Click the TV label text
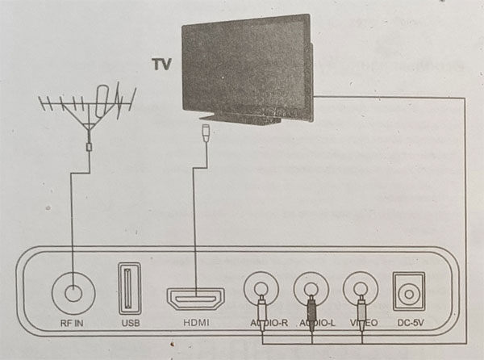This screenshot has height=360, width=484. [x=161, y=65]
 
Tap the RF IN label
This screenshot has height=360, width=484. [x=72, y=323]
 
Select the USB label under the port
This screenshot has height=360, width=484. [x=131, y=323]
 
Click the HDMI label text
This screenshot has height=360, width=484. [x=196, y=323]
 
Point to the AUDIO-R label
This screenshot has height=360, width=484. [x=269, y=323]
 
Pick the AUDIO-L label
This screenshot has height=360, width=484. [x=317, y=323]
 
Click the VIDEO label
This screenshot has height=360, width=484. [x=364, y=323]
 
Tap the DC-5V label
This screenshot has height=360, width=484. [x=411, y=323]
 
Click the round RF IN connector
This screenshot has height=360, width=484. [x=73, y=293]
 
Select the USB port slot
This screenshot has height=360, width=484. [x=130, y=284]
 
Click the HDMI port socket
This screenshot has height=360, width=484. [x=196, y=299]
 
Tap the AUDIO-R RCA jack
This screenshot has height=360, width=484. [x=261, y=289]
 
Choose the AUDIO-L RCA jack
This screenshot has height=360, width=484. [x=311, y=289]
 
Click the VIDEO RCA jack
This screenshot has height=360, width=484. [x=361, y=289]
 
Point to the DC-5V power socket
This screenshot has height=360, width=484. [x=409, y=291]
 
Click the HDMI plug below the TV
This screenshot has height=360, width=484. [x=205, y=132]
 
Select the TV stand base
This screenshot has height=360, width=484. [x=240, y=119]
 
